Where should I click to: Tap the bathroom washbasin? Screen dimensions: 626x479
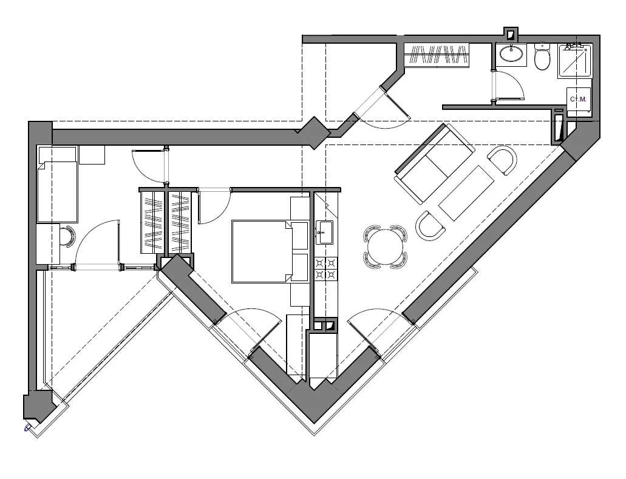tap(511, 53)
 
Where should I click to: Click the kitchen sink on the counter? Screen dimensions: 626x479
tap(324, 233)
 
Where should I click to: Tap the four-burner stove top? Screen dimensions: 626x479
tap(326, 268)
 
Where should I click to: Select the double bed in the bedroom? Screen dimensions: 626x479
tap(270, 251)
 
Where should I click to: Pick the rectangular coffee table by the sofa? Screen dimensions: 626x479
tap(466, 193)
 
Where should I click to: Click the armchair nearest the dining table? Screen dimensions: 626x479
tap(430, 225)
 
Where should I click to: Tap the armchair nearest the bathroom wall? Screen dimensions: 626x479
tap(502, 160)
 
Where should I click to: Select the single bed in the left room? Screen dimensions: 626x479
tap(57, 192)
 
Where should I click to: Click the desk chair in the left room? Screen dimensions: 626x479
tap(68, 237)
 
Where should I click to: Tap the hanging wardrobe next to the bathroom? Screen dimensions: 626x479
tap(437, 54)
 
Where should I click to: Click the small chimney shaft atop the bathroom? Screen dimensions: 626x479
tap(511, 35)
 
